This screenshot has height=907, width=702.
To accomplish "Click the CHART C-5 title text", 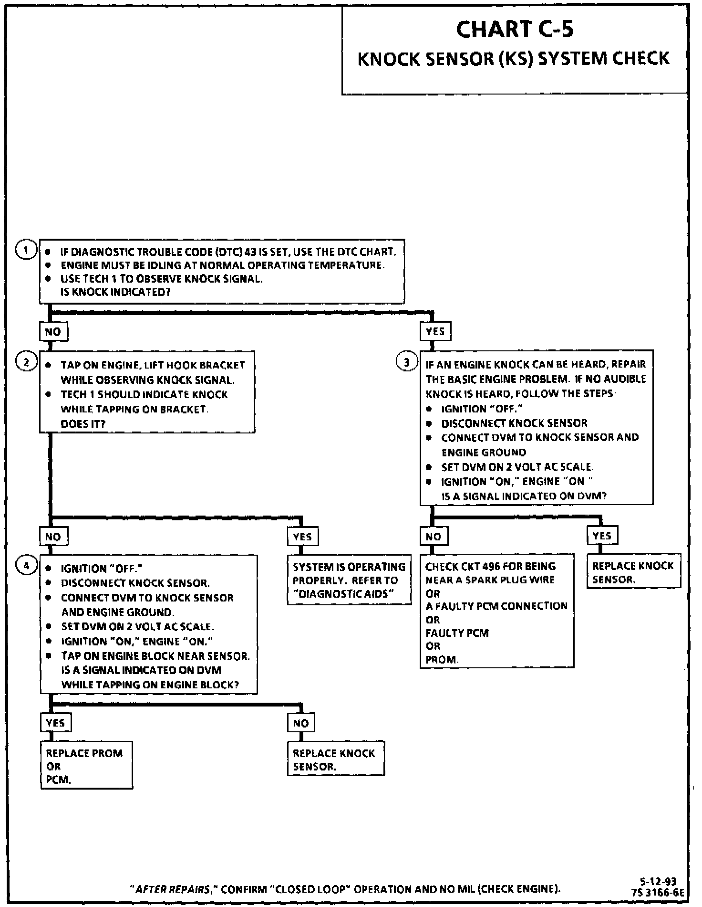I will (x=514, y=30).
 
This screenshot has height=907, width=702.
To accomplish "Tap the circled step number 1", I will (x=26, y=250).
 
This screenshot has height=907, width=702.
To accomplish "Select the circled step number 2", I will (x=26, y=362).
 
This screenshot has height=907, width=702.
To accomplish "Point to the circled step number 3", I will (x=406, y=362).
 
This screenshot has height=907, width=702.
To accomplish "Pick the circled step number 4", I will (x=27, y=566).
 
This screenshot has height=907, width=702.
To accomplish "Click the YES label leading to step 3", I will (x=435, y=331).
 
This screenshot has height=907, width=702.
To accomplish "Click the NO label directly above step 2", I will (x=53, y=332).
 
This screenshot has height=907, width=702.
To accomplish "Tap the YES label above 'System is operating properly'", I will (x=302, y=536).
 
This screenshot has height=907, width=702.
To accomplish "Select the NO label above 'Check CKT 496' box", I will (x=434, y=536).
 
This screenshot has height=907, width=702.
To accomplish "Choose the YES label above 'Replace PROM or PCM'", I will (x=55, y=723).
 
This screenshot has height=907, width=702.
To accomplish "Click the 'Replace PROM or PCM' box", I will (x=86, y=766).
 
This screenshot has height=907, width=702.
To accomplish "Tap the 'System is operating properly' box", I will (x=349, y=580).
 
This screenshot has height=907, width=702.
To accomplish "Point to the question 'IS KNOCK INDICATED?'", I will (x=115, y=292).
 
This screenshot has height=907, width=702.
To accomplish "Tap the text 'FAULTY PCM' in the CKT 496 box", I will (x=457, y=633).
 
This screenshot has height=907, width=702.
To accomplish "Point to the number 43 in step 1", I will (x=250, y=252).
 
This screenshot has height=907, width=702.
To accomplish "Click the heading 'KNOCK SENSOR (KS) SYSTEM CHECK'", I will (x=513, y=59).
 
